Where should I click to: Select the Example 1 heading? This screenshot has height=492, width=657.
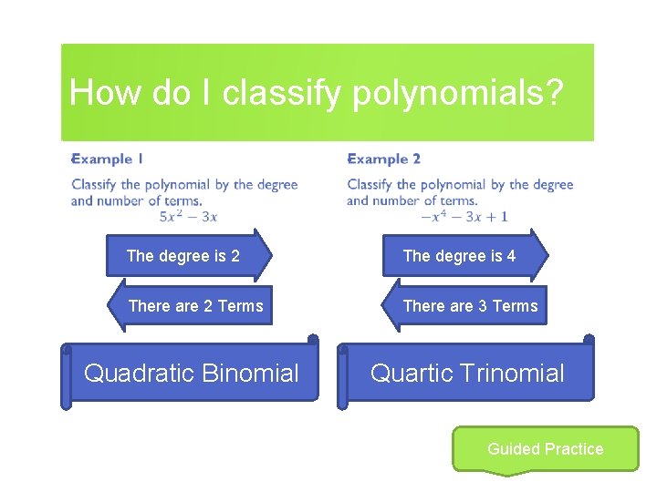pos(108,159)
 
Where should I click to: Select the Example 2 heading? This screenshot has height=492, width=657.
pos(383,159)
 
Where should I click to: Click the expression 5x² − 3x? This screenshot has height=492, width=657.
pos(188,216)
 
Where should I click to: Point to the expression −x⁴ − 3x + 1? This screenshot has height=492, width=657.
pos(464,216)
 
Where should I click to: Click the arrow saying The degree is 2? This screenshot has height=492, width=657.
pos(188,255)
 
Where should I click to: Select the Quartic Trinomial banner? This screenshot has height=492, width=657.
pos(466,373)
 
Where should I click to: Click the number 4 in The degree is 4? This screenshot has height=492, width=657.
pos(511,256)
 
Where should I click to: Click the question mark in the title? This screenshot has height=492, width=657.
pos(553,93)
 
